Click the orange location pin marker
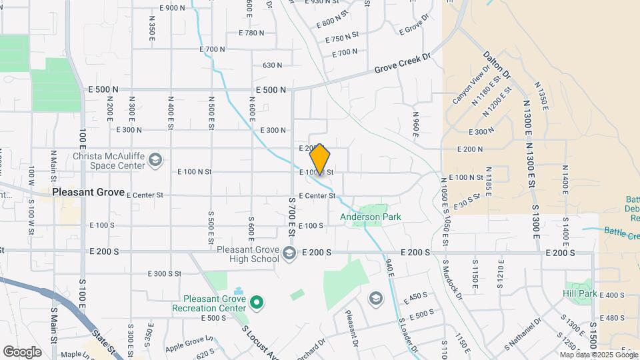(x=320, y=159)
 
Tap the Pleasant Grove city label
(x=88, y=192)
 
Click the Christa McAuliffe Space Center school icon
(x=155, y=159)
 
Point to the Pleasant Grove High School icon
(x=289, y=252)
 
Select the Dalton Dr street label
(x=497, y=65)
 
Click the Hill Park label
(x=579, y=293)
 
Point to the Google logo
(x=22, y=351)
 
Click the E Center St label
(x=317, y=196)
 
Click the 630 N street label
(x=272, y=65)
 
